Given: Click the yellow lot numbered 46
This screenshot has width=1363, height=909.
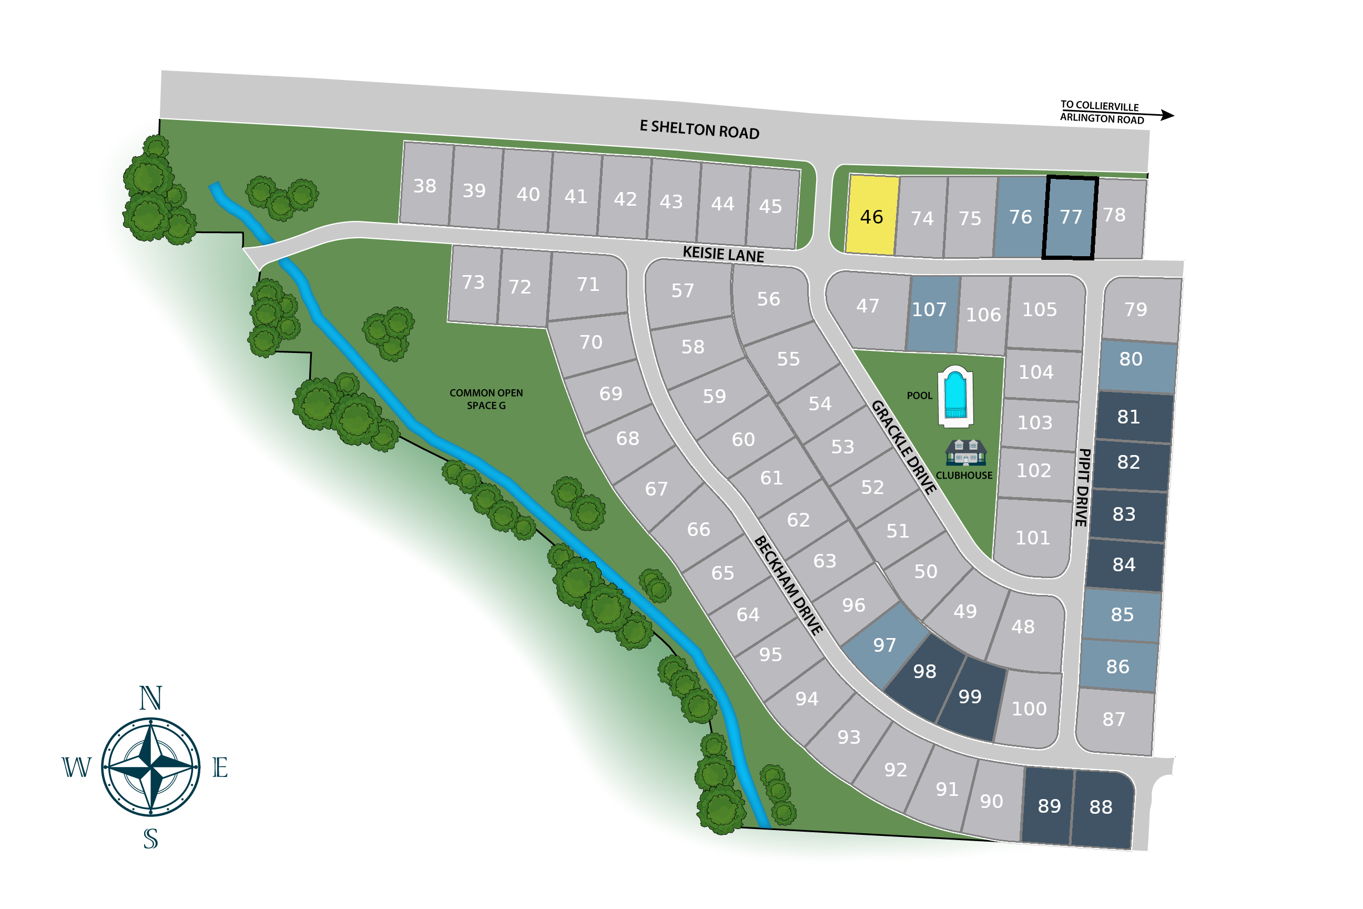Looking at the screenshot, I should [x=871, y=216].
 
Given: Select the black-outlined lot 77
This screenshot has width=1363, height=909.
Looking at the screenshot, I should [x=1070, y=217].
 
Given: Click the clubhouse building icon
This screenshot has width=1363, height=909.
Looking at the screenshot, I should [x=965, y=453].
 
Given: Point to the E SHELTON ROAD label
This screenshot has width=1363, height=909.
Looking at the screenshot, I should [x=699, y=129].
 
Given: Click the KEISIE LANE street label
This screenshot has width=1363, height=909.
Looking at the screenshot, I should [x=723, y=254].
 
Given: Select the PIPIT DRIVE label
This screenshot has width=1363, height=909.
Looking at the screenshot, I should [x=1083, y=487].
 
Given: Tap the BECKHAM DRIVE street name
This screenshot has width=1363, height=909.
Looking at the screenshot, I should [x=788, y=585].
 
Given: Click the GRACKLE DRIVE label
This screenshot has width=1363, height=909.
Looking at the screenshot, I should [x=904, y=447].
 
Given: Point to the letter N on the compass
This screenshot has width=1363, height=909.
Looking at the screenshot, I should [x=151, y=698].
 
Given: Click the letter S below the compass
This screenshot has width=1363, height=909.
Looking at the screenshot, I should [x=151, y=839].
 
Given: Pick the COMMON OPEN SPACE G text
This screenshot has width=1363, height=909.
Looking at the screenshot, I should [x=486, y=399].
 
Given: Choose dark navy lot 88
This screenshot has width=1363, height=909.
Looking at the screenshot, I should [x=1101, y=807].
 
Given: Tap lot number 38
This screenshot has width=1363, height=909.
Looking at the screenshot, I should [x=425, y=186].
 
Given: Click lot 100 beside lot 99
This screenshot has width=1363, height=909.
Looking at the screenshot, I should [x=1029, y=709].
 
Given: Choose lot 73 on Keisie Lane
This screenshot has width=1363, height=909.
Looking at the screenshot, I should [x=473, y=282].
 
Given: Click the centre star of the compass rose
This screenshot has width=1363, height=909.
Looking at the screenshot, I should [x=151, y=767].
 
